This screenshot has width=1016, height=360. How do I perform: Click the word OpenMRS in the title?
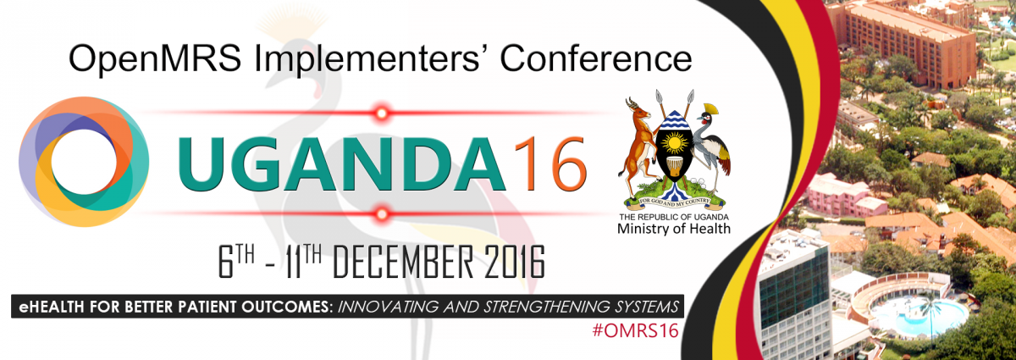(x=155, y=58)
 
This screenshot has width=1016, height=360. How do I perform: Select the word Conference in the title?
(x=596, y=58)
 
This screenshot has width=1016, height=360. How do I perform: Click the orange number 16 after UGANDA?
(x=550, y=164)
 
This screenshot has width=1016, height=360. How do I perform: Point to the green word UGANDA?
(x=342, y=164)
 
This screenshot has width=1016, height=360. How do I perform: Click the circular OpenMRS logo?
(x=84, y=162)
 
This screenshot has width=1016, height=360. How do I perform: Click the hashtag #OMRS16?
(x=636, y=330)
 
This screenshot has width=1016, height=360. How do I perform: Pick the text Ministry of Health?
(x=674, y=229)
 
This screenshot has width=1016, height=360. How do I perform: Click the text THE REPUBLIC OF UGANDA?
(x=674, y=217)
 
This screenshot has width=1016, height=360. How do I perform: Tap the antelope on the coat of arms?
(x=639, y=146)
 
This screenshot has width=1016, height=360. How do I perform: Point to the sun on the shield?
(x=675, y=143)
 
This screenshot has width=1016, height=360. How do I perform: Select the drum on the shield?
(x=675, y=166)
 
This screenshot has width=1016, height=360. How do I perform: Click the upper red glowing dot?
(x=382, y=113)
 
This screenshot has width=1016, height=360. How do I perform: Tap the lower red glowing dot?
(x=382, y=213)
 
